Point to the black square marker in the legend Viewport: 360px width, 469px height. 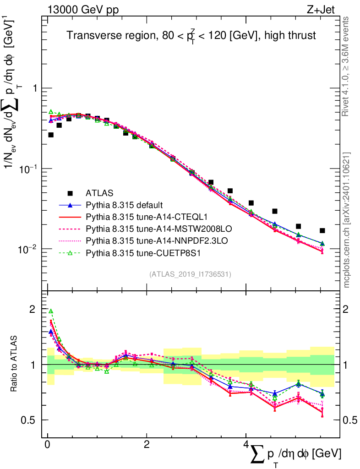tap(70, 192)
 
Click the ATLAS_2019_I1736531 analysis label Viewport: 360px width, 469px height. tap(190, 274)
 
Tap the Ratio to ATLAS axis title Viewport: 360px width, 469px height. tap(15, 364)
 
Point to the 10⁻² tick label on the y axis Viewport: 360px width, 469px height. tap(29, 249)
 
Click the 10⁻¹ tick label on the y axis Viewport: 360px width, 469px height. tap(29, 169)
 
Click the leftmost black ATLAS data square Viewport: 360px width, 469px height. tap(51, 135)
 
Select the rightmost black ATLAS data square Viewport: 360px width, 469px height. tap(322, 230)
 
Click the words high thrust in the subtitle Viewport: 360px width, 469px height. tap(294, 36)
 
